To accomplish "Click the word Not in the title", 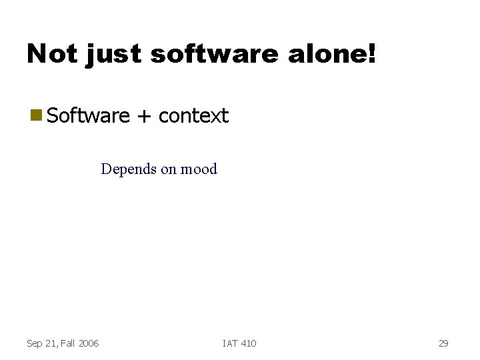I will click(x=51, y=53).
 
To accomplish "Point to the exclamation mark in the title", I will click(x=371, y=53).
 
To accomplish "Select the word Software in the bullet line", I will click(x=89, y=116).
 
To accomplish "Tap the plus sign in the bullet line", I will click(x=144, y=117).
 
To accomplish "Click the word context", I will click(x=194, y=116).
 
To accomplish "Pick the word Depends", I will click(x=128, y=169).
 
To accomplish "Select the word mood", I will click(x=199, y=169).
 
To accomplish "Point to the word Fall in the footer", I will click(x=68, y=343).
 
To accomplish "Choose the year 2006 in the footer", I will click(x=89, y=343).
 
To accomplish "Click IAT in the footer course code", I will click(x=229, y=343).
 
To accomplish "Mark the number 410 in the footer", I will click(x=248, y=343).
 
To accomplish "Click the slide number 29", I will click(x=443, y=343).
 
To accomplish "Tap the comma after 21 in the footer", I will click(x=58, y=346).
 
